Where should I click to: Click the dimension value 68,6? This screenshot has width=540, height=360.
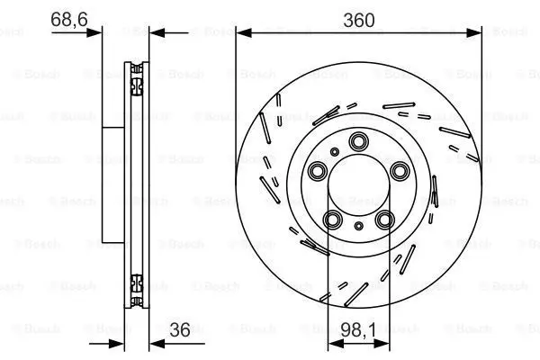(69, 19)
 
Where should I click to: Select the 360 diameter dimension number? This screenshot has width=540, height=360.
(359, 21)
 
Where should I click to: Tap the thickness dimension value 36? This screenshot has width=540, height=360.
(180, 330)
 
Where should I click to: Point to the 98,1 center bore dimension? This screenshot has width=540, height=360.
(358, 330)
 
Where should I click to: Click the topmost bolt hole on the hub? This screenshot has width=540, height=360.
(358, 141)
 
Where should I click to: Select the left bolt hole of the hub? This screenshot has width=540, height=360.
(317, 170)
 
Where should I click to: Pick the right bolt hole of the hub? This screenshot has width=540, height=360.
(400, 170)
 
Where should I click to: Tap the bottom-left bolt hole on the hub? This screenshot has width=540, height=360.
(333, 220)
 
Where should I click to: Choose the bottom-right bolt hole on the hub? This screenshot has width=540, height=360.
(384, 220)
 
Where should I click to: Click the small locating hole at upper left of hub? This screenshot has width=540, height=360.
(335, 151)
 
